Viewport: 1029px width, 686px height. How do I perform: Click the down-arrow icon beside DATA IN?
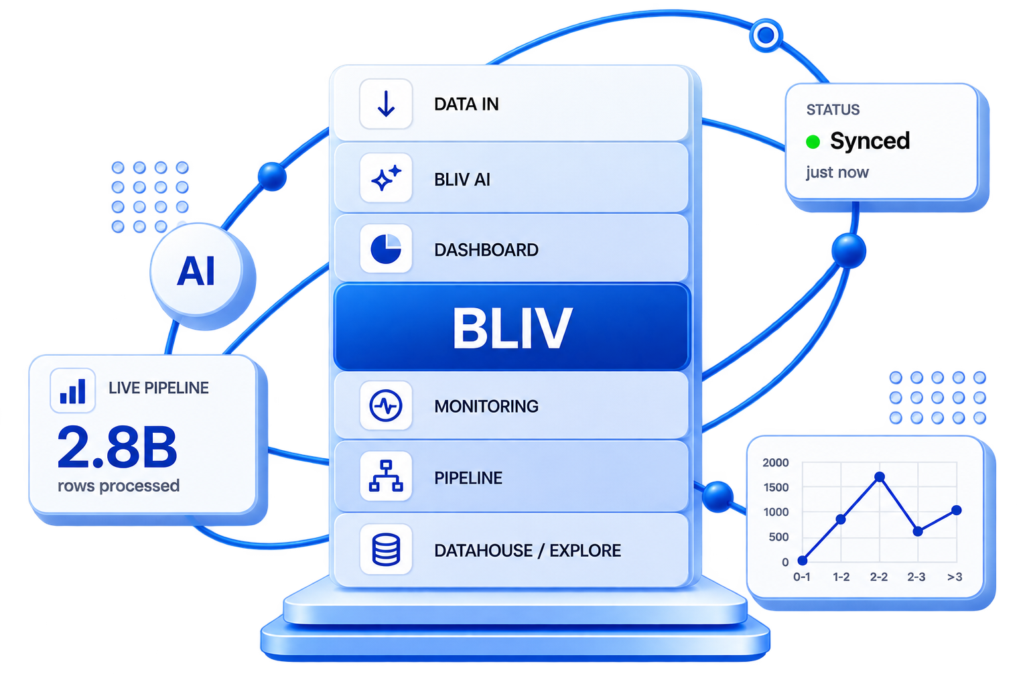[x=386, y=103]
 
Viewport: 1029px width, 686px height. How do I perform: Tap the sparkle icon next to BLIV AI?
[x=386, y=178]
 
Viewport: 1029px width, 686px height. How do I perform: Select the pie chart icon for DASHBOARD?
[x=386, y=249]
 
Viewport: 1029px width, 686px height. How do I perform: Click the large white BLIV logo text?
[x=512, y=328]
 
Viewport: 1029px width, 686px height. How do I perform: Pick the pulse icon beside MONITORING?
[x=386, y=406]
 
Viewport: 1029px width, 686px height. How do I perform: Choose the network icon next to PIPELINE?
[x=386, y=476]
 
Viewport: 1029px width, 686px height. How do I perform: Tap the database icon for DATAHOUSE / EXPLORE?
[x=386, y=549]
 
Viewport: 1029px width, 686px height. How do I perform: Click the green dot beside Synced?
[x=813, y=141]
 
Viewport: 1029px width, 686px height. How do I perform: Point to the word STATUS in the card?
[x=833, y=110]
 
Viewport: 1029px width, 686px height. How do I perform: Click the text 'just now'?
[x=837, y=172]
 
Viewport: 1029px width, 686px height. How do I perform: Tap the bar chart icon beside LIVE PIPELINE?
[x=72, y=391]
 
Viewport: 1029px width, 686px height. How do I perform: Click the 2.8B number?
[x=117, y=447]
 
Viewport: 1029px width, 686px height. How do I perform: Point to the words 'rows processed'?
[x=119, y=486]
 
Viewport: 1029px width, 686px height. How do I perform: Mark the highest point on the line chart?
[x=880, y=476]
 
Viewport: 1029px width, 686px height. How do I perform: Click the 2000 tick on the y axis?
[x=775, y=463]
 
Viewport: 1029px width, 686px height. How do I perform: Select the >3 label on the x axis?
[x=955, y=577]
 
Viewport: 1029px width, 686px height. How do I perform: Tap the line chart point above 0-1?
[x=803, y=560]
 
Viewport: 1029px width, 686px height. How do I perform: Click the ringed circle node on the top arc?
[x=765, y=34]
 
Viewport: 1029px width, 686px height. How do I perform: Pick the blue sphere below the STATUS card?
[x=849, y=251]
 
